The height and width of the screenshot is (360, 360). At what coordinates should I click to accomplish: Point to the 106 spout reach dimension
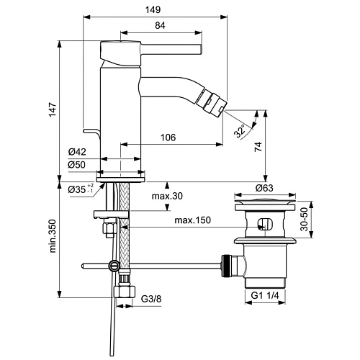(168, 138)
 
